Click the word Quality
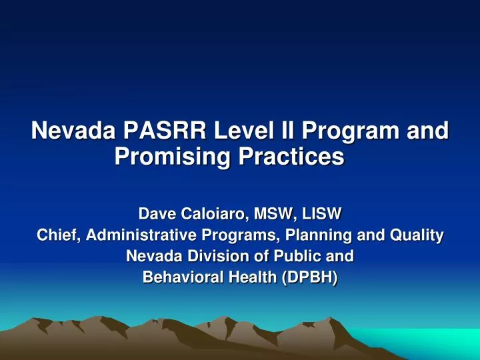click(417, 235)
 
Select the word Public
click(299, 256)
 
